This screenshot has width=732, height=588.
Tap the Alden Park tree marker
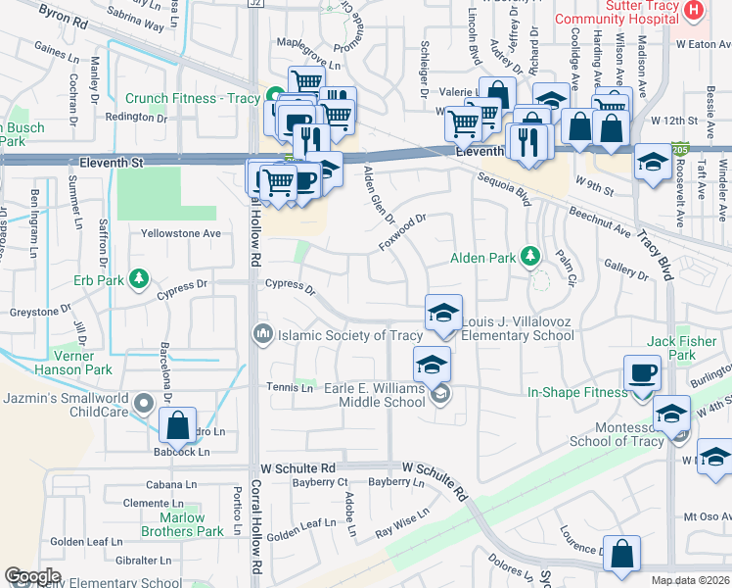pyautogui.click(x=531, y=258)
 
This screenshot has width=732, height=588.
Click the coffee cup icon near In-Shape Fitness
pyautogui.click(x=643, y=373)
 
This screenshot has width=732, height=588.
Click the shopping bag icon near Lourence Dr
pyautogui.click(x=621, y=554)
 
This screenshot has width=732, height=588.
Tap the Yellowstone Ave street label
pyautogui.click(x=181, y=234)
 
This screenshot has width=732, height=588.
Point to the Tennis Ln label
pyautogui.click(x=291, y=387)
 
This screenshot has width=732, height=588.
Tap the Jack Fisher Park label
pyautogui.click(x=682, y=349)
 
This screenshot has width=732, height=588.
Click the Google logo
pyautogui.click(x=32, y=576)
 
